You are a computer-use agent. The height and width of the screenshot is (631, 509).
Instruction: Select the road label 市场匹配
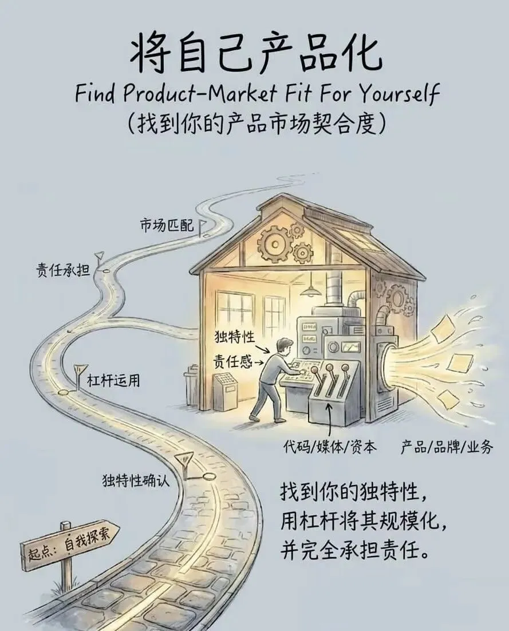pos(167,226)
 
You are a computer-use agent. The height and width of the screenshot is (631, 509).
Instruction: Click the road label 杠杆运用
pos(113,380)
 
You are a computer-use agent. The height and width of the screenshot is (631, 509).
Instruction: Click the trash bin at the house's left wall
pos(191,389)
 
